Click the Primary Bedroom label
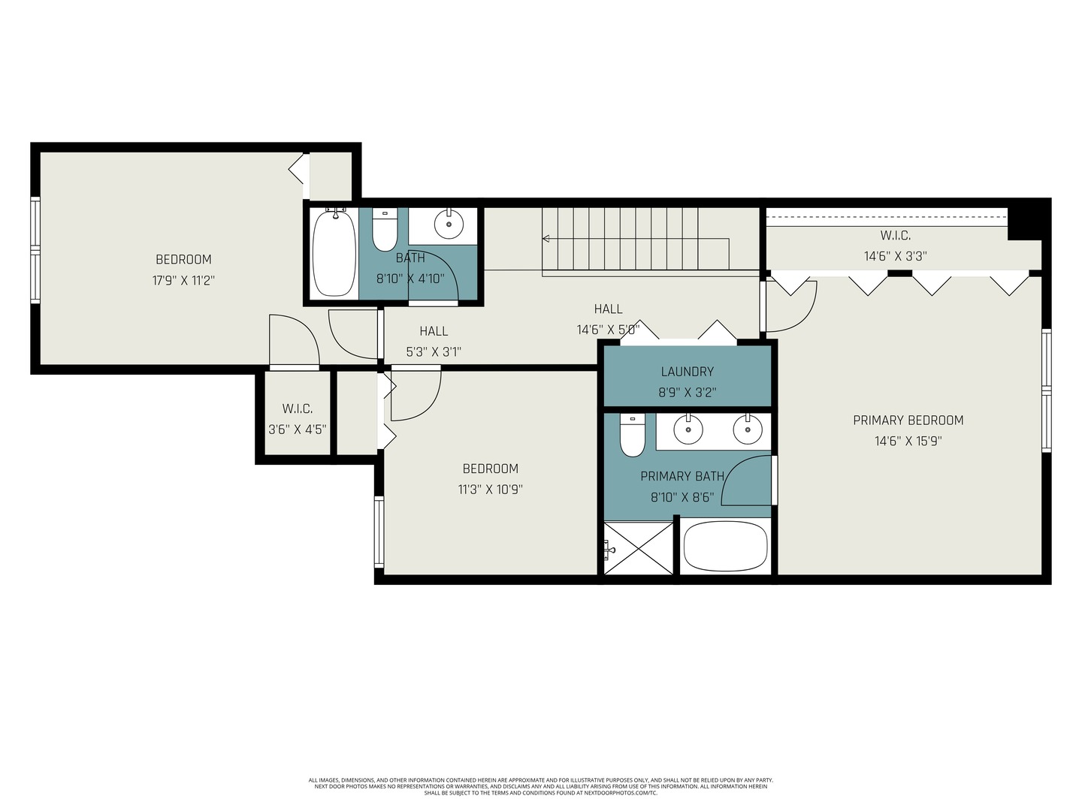908,420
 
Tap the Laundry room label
688,371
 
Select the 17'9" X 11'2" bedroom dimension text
183,281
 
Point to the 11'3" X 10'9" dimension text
490,490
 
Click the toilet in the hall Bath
385,229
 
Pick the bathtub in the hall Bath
334,252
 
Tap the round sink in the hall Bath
449,224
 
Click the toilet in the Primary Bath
633,436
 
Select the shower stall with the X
639,548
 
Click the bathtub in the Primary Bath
726,546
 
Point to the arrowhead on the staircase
546,239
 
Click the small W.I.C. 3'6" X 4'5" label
298,418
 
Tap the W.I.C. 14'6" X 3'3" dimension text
895,256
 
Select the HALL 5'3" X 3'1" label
434,341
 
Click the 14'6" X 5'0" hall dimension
609,330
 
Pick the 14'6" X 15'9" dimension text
908,441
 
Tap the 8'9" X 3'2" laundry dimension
688,393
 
